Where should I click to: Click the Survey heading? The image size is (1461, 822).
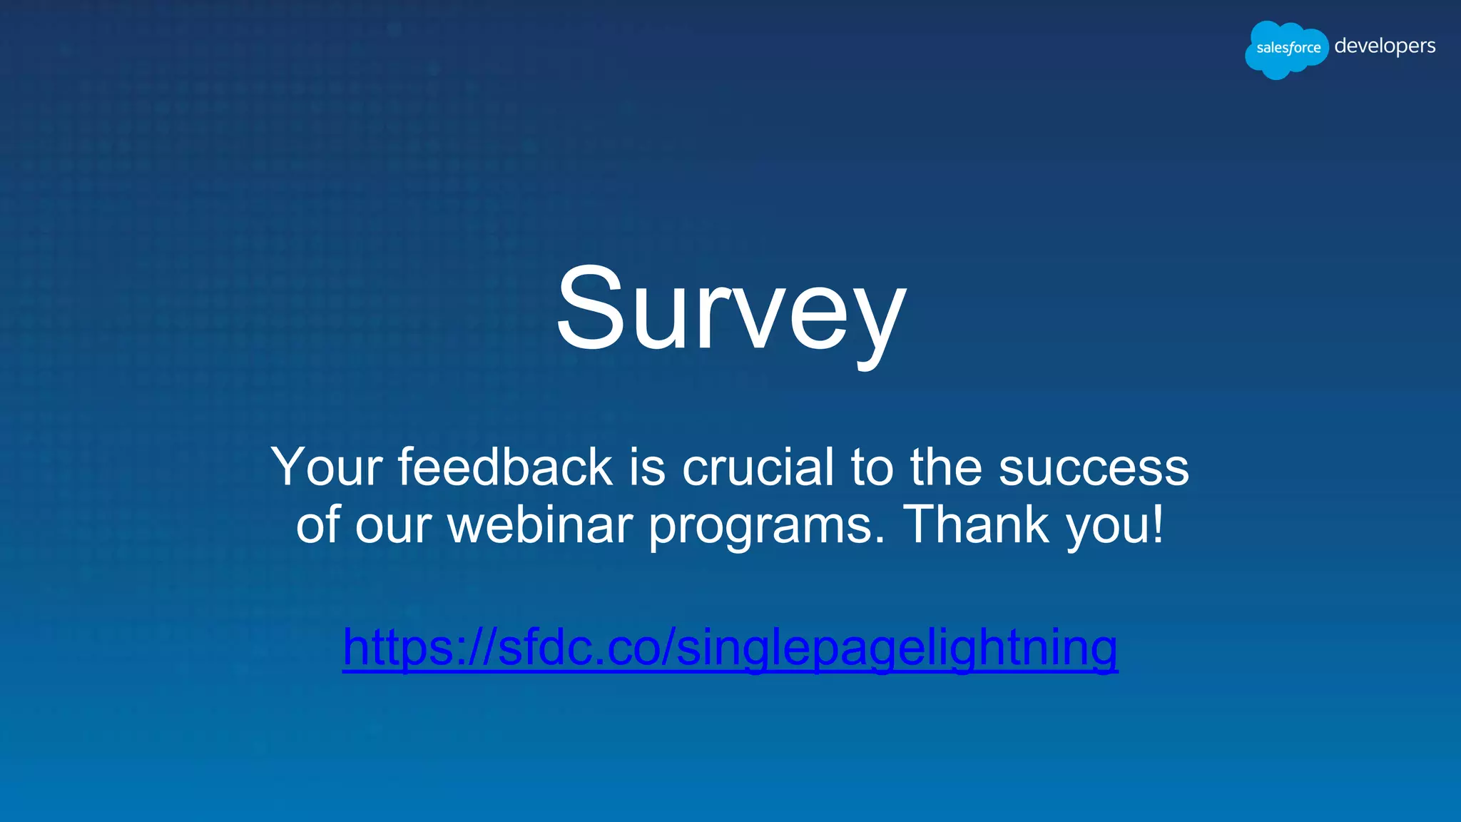pos(730,310)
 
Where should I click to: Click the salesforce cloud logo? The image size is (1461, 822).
pos(1287,49)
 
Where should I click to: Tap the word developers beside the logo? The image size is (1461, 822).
pos(1384,46)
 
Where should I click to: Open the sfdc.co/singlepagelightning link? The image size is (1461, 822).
pos(730,646)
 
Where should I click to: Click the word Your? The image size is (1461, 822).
pos(327,467)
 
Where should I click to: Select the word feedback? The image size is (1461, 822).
pos(505,467)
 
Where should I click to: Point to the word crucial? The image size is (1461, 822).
pos(758,467)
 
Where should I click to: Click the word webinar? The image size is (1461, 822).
pos(540,525)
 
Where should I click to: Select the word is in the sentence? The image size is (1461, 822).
pos(646,467)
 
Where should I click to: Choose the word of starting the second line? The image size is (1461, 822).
pos(318,524)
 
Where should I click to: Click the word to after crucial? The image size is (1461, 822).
pos(872,467)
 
